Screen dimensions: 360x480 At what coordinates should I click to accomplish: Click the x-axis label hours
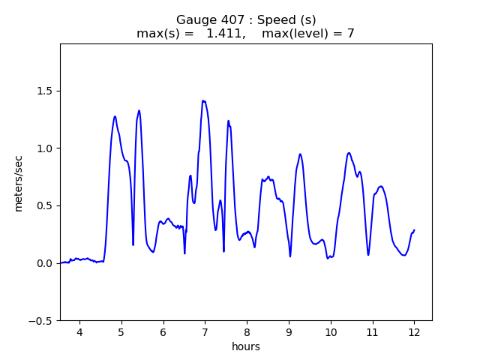coord(245,346)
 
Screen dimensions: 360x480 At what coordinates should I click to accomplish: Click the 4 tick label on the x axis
coord(79,331)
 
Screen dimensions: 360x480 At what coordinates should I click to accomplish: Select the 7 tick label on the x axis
coord(205,331)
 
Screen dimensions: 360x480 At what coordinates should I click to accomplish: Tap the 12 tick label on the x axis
coord(414,331)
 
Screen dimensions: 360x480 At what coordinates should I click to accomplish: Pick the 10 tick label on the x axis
coord(330,331)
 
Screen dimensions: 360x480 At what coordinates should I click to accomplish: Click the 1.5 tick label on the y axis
coord(43,91)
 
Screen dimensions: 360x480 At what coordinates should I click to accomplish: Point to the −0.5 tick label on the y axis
coord(39,320)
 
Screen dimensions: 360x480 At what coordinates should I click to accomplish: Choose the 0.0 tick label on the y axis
coord(43,263)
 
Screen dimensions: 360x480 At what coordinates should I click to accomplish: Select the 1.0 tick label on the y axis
coord(43,148)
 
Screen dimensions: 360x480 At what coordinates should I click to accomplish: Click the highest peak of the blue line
coord(203,100)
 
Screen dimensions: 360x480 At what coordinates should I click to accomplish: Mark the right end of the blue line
coord(414,230)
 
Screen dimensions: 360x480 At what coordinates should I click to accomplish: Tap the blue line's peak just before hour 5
coord(115,116)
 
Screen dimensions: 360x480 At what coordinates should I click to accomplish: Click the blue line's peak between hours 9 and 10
coord(300,154)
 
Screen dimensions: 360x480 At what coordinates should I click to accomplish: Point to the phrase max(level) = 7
coord(308,33)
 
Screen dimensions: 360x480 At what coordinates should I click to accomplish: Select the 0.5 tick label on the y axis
coord(43,205)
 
